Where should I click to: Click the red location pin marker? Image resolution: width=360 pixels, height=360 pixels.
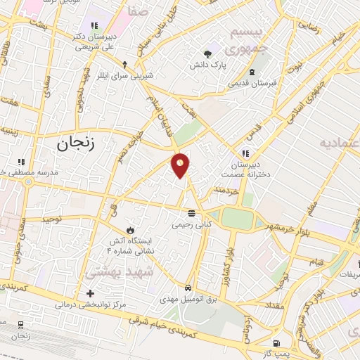click(x=181, y=165)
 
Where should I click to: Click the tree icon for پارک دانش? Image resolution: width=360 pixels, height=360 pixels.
click(x=207, y=53)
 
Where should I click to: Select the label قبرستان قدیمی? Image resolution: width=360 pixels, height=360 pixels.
click(x=252, y=83)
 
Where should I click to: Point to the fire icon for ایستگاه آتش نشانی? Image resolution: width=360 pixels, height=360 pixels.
click(x=129, y=230)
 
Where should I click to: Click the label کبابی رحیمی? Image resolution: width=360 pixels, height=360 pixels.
click(x=191, y=225)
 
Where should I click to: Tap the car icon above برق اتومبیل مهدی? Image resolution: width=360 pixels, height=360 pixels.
click(x=188, y=288)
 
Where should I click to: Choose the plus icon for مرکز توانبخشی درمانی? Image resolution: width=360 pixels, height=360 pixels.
click(x=90, y=293)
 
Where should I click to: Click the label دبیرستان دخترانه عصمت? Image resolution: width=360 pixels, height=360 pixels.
click(x=245, y=169)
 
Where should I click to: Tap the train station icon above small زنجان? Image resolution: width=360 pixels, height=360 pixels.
click(x=20, y=325)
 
